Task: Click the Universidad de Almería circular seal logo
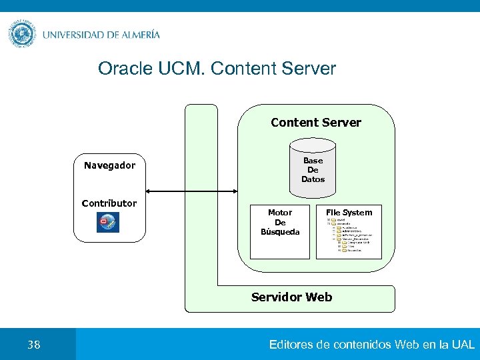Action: pos(21,34)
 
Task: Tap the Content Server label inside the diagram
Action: pos(315,123)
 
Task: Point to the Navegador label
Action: pos(109,165)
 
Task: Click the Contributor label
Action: pos(109,203)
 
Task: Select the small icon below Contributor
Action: pos(108,222)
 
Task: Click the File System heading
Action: pos(349,213)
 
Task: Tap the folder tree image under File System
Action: pos(349,237)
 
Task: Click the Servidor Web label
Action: pos(291,297)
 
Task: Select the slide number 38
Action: pos(33,345)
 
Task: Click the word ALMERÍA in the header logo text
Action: pos(137,35)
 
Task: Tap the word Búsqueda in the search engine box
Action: pos(280,232)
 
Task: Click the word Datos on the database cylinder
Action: pos(313,179)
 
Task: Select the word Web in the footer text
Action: pos(407,345)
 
